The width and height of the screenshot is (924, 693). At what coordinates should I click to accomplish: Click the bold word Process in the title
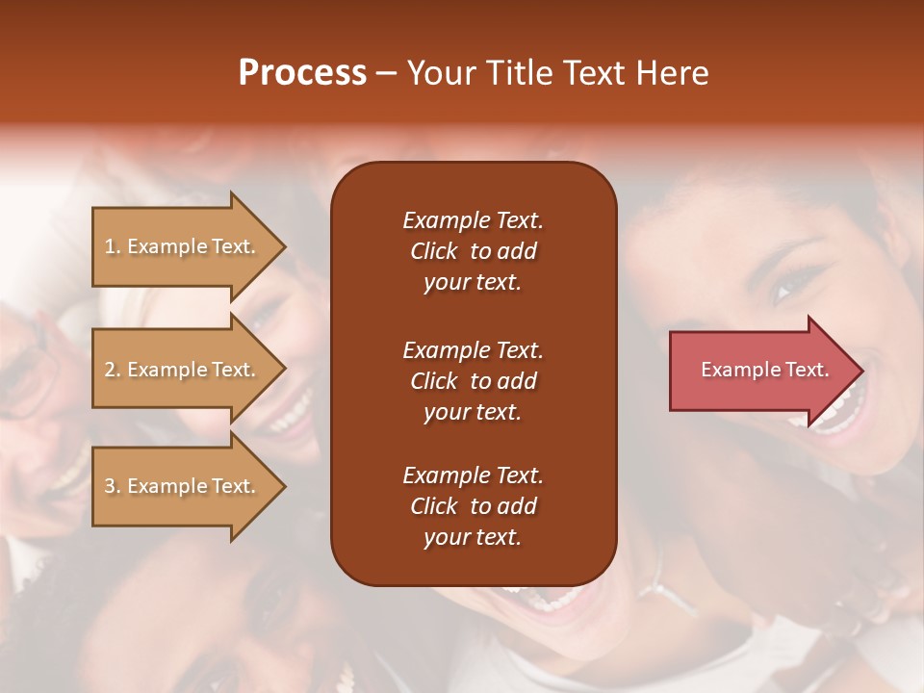pyautogui.click(x=302, y=72)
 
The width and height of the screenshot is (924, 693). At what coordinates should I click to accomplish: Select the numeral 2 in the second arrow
pyautogui.click(x=110, y=370)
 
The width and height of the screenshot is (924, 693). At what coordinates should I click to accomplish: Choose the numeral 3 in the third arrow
pyautogui.click(x=110, y=486)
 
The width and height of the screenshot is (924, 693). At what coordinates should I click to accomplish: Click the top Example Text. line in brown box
pyautogui.click(x=473, y=220)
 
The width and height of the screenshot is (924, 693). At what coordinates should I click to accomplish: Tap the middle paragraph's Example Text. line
pyautogui.click(x=473, y=349)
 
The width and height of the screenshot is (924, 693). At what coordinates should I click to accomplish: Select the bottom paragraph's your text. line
pyautogui.click(x=473, y=537)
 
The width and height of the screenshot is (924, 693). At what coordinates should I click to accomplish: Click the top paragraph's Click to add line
pyautogui.click(x=473, y=251)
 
